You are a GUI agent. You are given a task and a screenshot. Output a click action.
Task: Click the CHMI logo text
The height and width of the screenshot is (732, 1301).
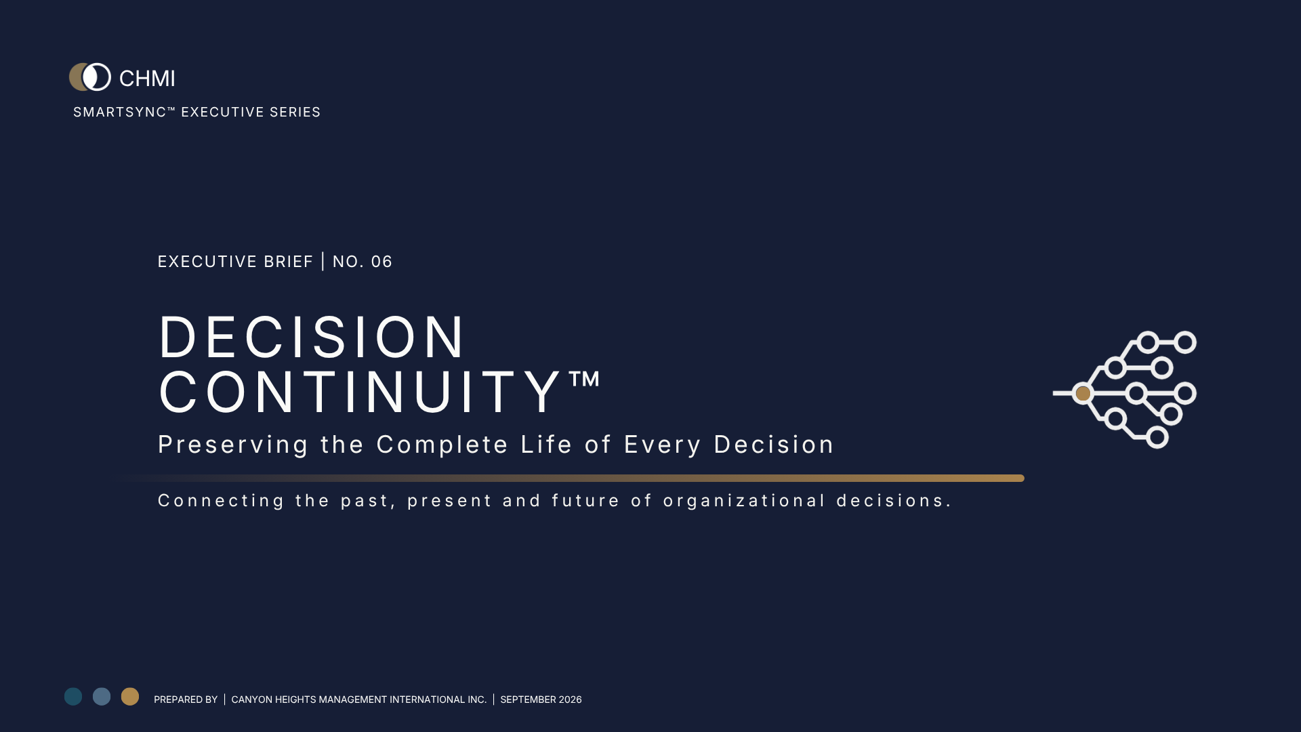point(147,79)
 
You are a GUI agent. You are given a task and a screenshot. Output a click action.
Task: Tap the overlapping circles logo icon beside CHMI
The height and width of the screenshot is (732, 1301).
point(90,77)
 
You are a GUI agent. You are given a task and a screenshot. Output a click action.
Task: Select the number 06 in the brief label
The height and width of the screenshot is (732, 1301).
point(381,262)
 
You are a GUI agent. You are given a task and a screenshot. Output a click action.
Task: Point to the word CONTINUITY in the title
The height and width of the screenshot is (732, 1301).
point(359,392)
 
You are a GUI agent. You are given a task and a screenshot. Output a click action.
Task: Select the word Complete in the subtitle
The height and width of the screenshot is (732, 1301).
point(442,445)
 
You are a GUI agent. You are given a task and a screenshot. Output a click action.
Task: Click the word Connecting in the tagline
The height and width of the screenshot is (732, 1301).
point(222,501)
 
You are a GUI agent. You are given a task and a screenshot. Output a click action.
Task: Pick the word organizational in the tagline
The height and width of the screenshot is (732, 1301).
point(745,501)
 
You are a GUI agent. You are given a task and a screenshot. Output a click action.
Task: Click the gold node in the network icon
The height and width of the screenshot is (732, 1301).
point(1083,393)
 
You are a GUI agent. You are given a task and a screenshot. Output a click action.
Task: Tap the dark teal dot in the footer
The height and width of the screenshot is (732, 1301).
point(73,697)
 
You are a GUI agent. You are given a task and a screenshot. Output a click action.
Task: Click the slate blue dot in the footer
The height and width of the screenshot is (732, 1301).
point(102,697)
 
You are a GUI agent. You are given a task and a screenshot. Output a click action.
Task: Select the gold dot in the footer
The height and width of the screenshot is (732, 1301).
point(130,697)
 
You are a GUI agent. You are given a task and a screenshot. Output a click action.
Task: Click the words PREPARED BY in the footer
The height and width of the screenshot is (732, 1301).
point(186,699)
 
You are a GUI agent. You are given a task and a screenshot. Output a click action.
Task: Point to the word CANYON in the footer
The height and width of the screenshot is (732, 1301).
point(251,699)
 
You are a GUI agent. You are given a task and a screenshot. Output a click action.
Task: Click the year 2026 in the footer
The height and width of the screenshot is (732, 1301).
point(570,699)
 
